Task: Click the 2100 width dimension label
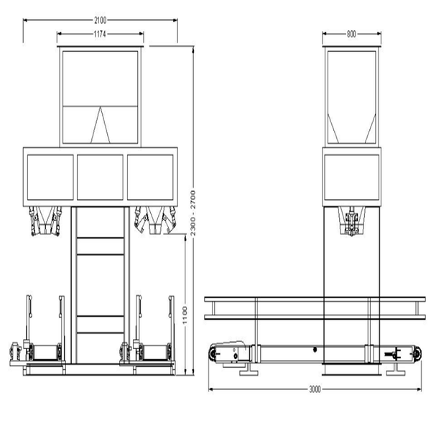(100, 20)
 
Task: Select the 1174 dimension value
(100, 34)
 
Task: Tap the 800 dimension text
(351, 34)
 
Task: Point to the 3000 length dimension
(315, 389)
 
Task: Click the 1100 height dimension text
(185, 315)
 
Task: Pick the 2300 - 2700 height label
(193, 213)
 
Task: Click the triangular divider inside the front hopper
(101, 125)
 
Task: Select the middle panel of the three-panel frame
(100, 177)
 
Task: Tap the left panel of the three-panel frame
(50, 177)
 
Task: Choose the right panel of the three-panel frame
(150, 177)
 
